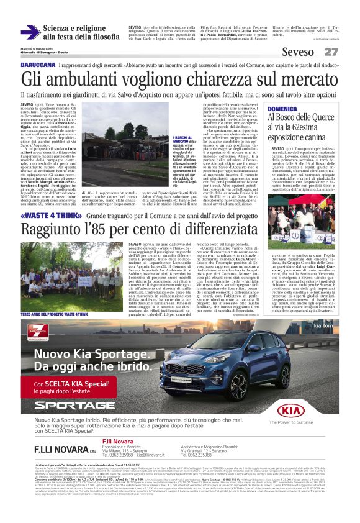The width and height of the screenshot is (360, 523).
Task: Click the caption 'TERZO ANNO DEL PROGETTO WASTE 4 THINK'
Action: pyautogui.click(x=53, y=299)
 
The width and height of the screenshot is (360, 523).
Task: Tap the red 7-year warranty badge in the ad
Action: pyautogui.click(x=47, y=330)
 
